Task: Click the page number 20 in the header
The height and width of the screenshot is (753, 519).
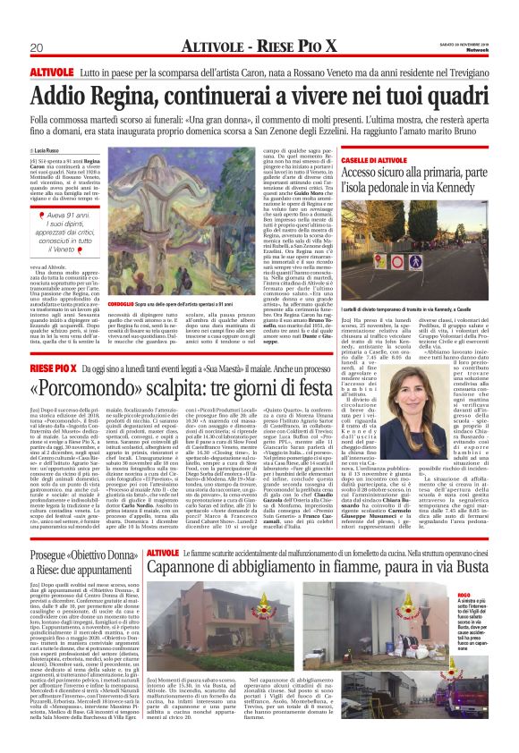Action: pyautogui.click(x=37, y=47)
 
